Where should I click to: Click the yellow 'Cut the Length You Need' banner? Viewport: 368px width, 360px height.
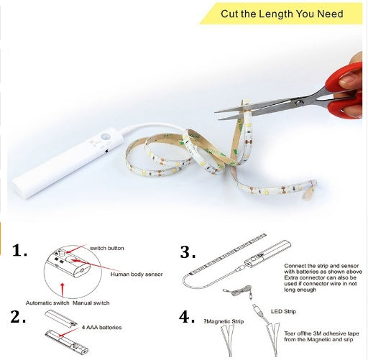pos(281,14)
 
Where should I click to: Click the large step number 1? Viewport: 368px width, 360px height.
pos(19,250)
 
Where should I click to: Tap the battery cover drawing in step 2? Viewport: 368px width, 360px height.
pos(60,318)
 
